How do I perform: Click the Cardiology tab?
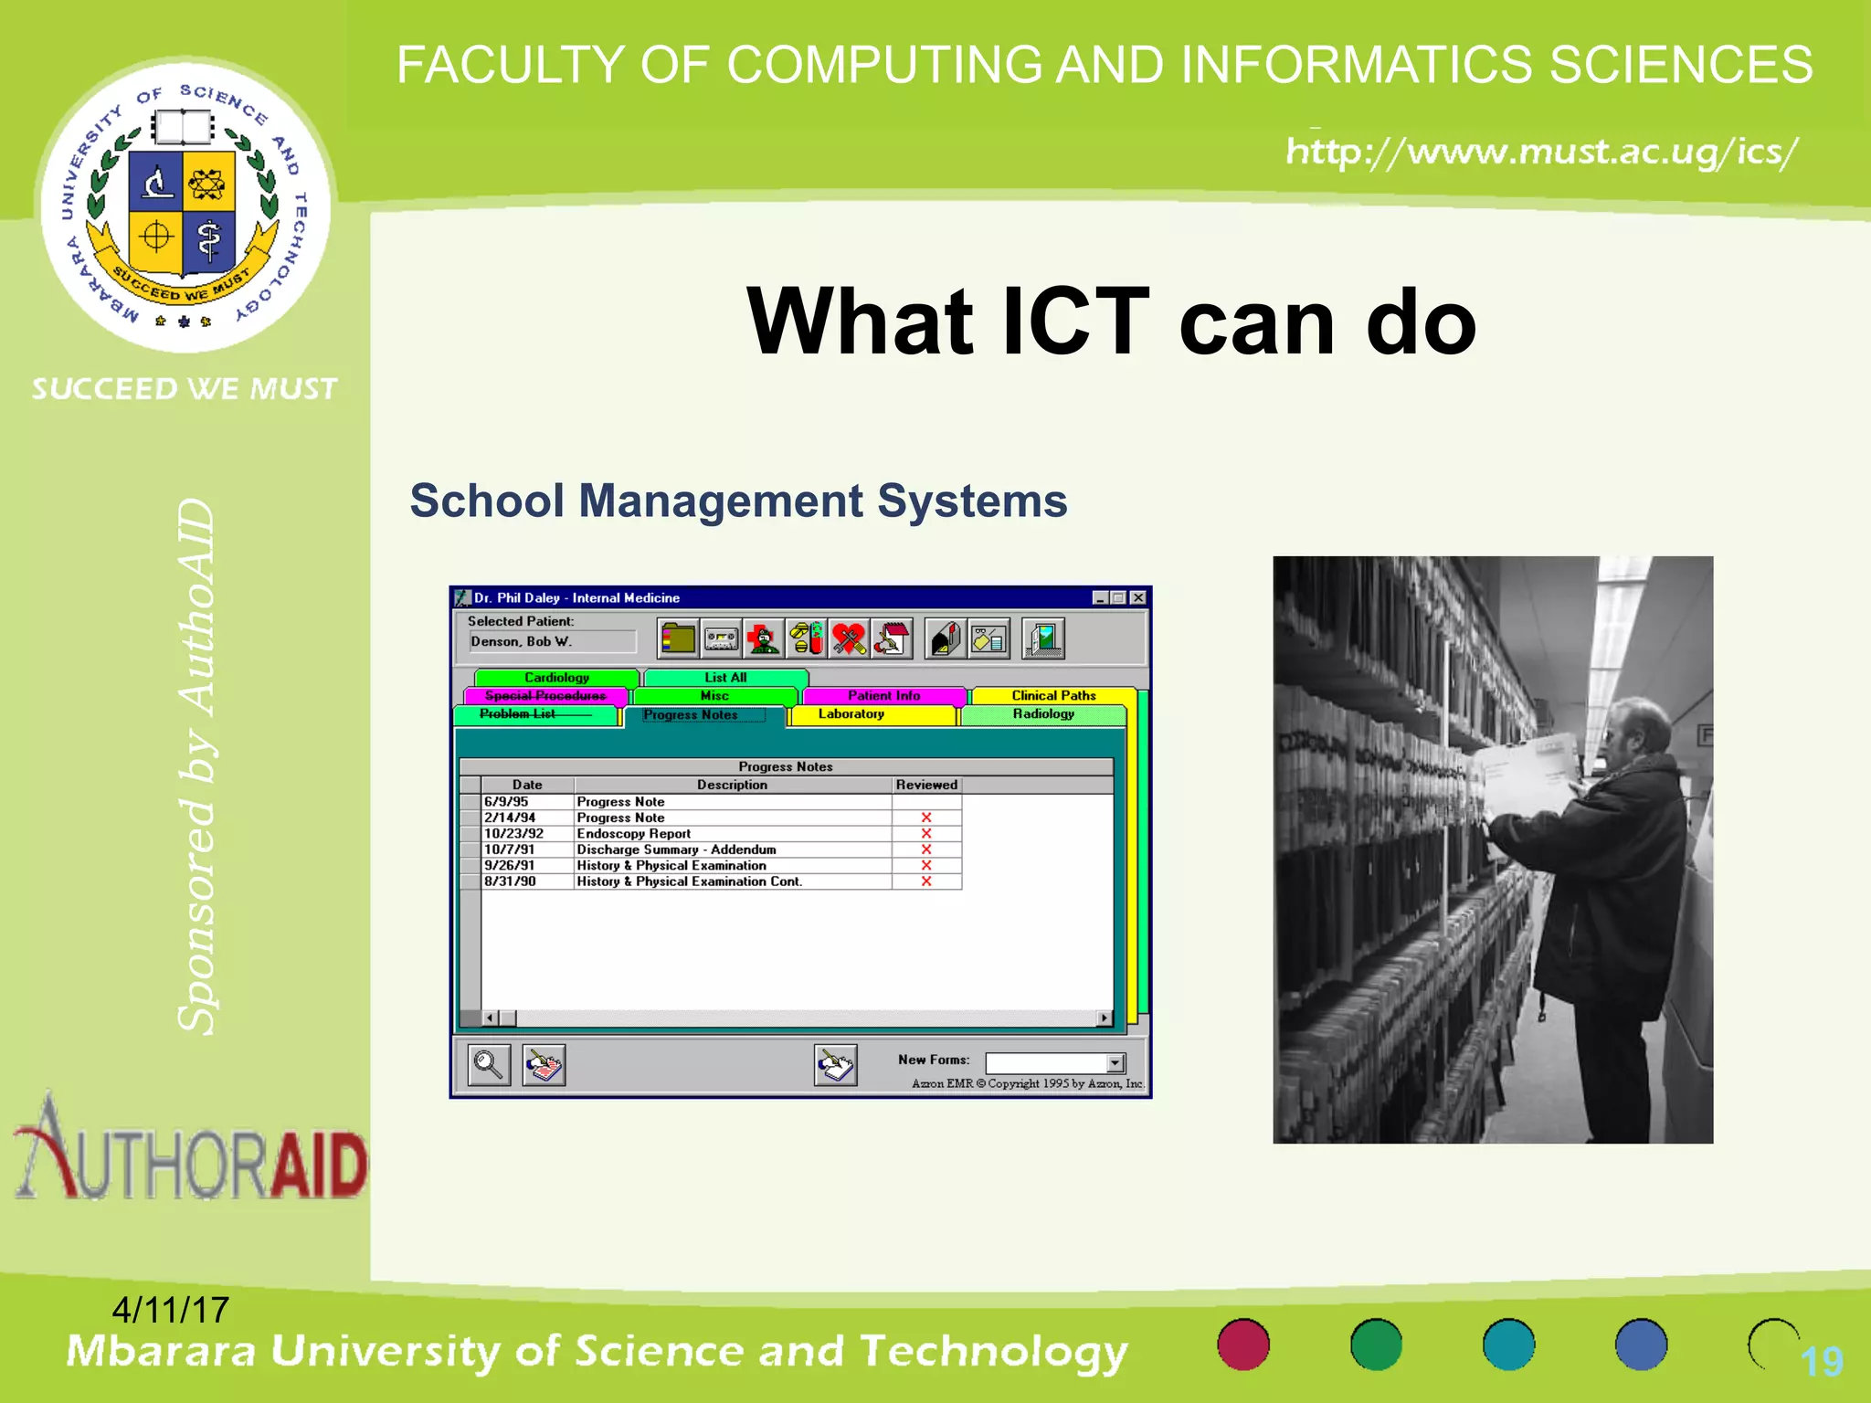556,678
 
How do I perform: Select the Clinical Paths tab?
1052,696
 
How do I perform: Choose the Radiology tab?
1042,714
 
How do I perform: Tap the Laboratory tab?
851,714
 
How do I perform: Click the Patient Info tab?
883,696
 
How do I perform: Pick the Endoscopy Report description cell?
634,834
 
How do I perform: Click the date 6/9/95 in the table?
506,802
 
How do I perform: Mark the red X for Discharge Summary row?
925,849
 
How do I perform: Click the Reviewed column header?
926,785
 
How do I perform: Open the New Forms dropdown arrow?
1115,1063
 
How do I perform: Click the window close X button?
1137,598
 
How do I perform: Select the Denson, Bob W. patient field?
552,642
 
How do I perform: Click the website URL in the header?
1541,152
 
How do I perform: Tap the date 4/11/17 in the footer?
170,1311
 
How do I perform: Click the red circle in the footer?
1243,1345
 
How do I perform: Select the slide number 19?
1822,1362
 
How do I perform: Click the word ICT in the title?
1075,322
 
